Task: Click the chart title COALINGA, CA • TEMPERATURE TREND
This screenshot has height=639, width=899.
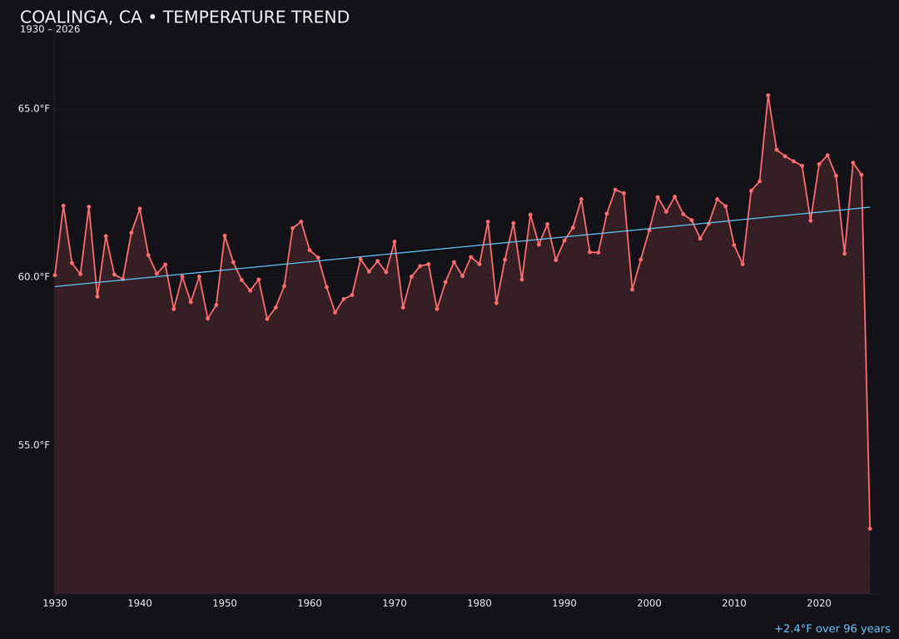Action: [185, 17]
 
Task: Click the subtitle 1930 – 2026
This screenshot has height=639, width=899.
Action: [50, 30]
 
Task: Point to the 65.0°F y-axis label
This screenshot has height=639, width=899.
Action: [34, 109]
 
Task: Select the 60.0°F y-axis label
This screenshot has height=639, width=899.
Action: [34, 277]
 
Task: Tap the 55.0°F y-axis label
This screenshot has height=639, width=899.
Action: [34, 445]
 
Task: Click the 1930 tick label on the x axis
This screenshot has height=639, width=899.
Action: [55, 603]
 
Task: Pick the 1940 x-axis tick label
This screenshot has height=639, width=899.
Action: [140, 603]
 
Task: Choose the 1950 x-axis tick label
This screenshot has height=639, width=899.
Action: [225, 603]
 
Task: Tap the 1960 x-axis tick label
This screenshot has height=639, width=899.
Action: [310, 603]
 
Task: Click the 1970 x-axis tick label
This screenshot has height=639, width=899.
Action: [395, 603]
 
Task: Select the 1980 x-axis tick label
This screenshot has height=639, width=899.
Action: [479, 603]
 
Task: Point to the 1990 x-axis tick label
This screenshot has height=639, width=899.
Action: [564, 603]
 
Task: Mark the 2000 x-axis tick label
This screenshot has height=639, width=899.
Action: [649, 603]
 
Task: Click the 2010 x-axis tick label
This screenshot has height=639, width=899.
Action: [734, 603]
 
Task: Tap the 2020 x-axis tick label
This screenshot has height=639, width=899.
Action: [819, 603]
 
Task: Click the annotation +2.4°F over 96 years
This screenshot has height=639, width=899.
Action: [832, 629]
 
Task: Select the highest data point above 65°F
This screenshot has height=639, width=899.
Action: [768, 96]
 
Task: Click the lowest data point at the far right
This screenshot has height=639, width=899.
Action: [870, 528]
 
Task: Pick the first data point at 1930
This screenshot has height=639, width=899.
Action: [55, 275]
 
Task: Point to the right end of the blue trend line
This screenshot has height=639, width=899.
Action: [870, 207]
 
